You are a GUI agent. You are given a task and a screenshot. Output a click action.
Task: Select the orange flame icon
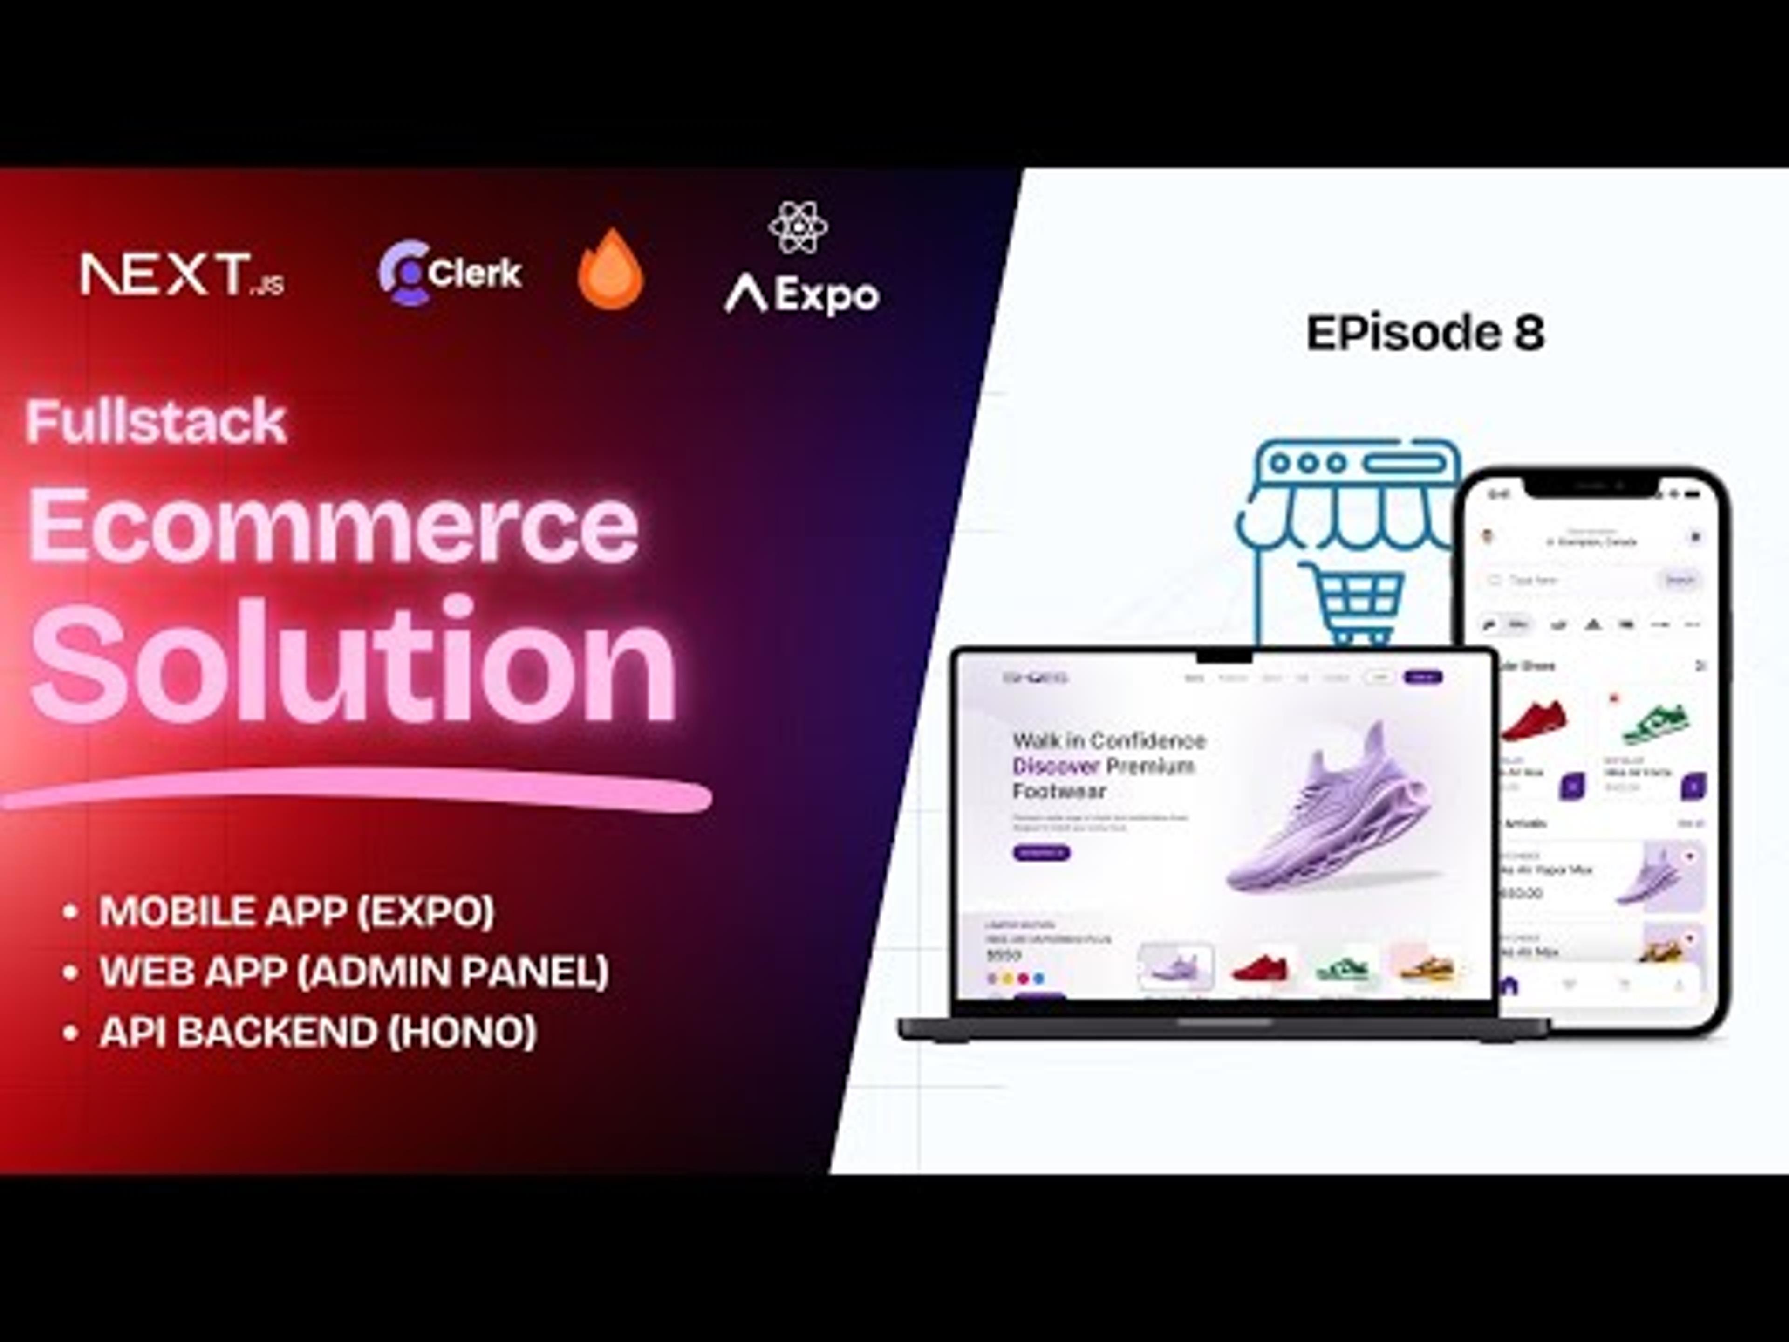click(611, 269)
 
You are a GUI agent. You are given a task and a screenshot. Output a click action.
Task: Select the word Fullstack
click(156, 421)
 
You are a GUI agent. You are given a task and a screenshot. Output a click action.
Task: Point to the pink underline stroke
click(356, 793)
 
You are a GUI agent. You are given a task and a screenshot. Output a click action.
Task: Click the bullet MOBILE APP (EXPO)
click(296, 911)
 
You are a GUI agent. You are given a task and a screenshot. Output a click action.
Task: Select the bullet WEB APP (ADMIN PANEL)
click(354, 972)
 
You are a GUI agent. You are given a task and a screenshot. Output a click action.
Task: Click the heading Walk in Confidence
click(1108, 740)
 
